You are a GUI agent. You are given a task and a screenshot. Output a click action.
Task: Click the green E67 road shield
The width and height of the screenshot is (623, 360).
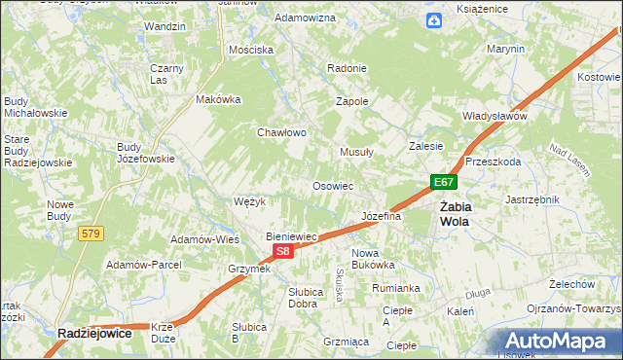point(443,182)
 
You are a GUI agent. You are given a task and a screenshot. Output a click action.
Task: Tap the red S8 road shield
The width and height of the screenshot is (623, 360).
point(282,251)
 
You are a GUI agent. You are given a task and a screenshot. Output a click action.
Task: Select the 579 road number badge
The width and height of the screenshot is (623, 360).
point(92,233)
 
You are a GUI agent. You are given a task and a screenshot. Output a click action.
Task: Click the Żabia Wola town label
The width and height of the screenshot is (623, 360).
point(454,213)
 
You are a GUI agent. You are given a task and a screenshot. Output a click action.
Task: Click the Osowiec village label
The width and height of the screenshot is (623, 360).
point(332,185)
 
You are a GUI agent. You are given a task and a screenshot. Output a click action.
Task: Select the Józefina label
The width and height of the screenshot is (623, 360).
point(381,216)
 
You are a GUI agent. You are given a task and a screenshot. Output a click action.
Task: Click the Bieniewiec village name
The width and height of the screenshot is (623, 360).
point(293,235)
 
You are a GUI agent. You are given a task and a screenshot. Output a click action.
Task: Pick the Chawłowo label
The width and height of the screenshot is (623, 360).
point(281,132)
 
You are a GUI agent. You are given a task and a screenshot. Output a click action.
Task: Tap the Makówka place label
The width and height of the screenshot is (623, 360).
point(218,98)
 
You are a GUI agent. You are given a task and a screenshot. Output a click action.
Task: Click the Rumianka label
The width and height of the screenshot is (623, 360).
point(395,287)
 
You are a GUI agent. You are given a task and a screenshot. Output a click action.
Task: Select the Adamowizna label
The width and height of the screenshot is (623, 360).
point(305,18)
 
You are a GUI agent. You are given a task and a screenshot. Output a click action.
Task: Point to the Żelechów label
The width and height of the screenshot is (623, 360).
point(571,283)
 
